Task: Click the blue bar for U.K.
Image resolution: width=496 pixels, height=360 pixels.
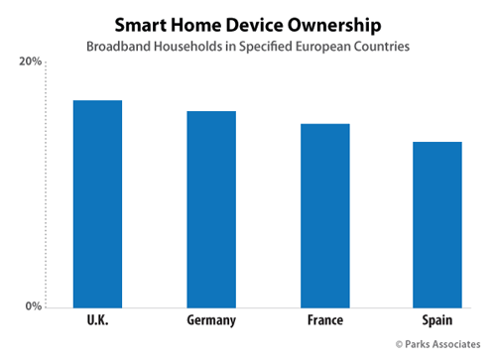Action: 97,204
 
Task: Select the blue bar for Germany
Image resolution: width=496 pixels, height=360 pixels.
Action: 211,209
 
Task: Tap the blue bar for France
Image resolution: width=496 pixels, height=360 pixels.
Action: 325,216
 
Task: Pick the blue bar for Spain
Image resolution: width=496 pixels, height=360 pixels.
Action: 437,225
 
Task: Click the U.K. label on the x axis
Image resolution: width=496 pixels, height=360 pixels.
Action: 97,320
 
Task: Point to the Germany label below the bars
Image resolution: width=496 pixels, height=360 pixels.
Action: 211,320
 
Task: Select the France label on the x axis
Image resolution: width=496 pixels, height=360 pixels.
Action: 325,320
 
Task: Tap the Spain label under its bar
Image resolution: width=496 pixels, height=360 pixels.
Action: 437,320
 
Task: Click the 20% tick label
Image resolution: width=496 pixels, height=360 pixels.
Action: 30,61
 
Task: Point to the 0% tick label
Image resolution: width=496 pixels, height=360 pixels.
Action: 34,306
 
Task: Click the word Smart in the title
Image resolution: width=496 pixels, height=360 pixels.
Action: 141,25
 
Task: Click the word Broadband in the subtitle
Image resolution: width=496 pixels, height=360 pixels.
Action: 118,47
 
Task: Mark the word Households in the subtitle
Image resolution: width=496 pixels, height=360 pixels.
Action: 187,47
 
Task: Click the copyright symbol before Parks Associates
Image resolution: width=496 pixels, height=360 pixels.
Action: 399,344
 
